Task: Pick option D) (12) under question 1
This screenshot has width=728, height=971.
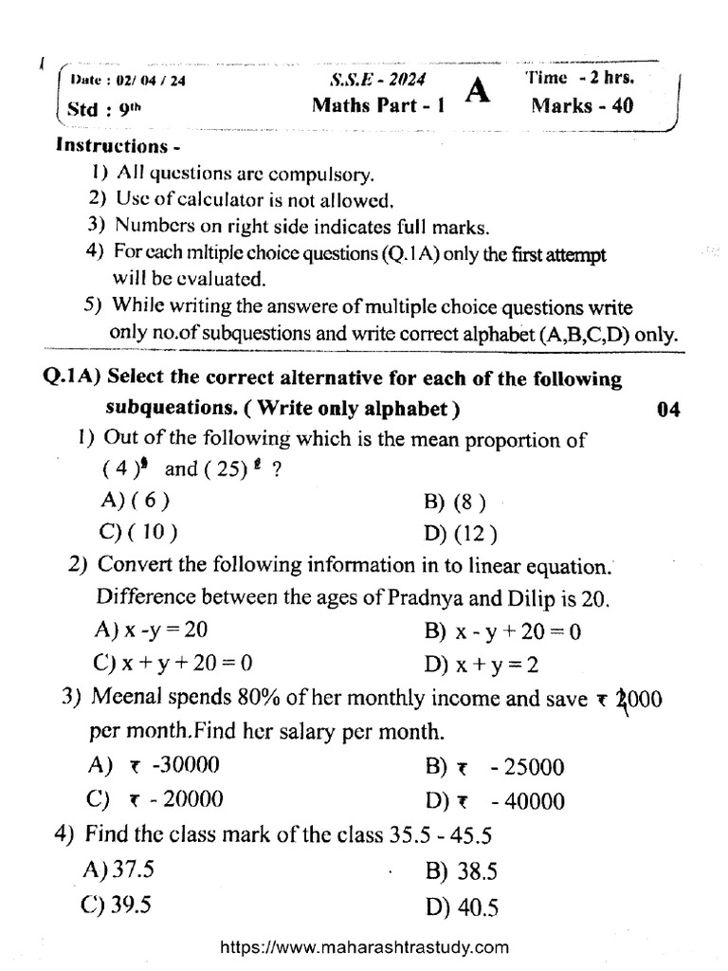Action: tap(462, 532)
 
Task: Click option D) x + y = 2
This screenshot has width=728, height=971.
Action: tap(482, 663)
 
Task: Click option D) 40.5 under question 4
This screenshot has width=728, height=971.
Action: tap(463, 907)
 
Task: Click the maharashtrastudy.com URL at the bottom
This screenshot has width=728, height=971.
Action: tap(364, 946)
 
